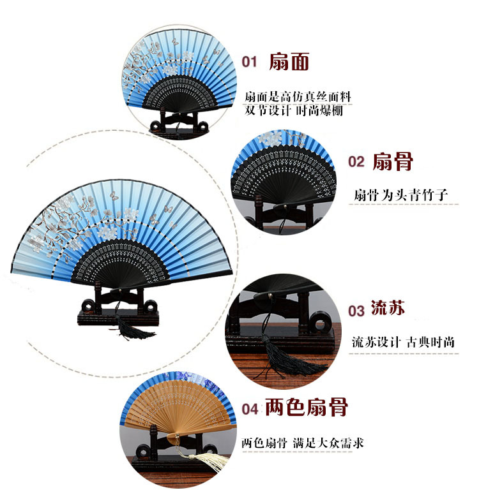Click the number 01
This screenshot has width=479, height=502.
249,62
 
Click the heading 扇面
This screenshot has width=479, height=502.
289,61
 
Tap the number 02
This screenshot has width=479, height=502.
356,162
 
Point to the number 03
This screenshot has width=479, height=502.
356,311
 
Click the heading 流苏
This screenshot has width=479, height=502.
388,309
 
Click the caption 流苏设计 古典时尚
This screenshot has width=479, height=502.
404,342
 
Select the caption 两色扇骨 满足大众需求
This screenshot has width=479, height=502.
303,442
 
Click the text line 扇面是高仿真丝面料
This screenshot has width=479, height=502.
298,98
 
